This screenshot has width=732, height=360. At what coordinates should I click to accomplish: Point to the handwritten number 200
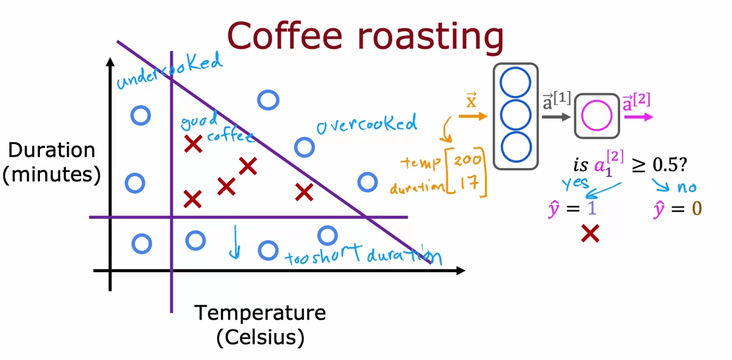coord(467,159)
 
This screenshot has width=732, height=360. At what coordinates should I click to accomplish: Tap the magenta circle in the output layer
coord(597,116)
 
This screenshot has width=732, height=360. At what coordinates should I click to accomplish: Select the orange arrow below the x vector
coord(473,116)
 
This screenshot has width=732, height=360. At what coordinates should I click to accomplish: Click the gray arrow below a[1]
coord(556,117)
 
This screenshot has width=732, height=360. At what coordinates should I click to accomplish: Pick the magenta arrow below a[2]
coord(638,117)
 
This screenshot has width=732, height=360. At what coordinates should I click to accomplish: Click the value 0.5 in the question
coord(669,165)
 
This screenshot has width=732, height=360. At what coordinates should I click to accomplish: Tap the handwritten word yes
coord(575,183)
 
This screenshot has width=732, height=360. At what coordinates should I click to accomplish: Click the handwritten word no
coord(687,187)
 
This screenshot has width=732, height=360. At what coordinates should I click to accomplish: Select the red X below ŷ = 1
coord(590,233)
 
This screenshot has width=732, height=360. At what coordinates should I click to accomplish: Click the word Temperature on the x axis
coord(260,313)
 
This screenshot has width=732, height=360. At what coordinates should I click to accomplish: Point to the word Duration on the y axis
coord(51,150)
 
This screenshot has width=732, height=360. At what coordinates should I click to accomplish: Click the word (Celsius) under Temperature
coord(260,337)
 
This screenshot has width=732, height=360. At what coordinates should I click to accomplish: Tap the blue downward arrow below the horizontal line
coord(235,242)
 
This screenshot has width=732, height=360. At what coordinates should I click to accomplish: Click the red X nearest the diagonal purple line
coord(304,192)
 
